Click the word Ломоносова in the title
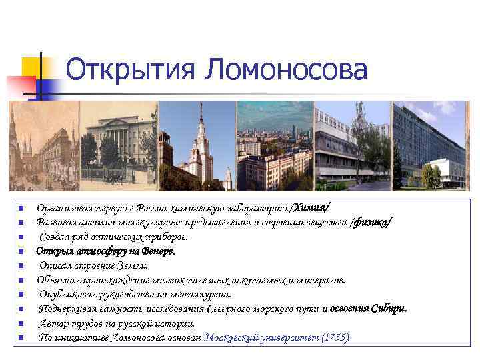click(x=287, y=70)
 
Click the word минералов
click(x=322, y=280)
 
